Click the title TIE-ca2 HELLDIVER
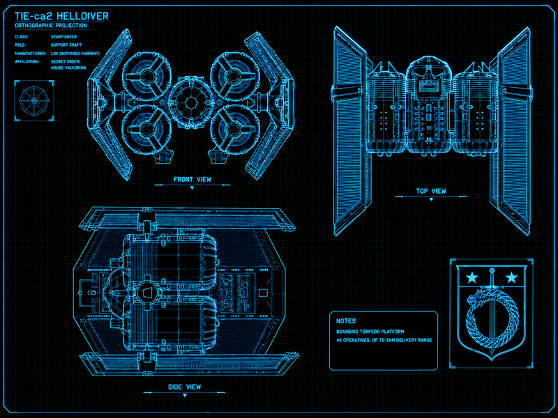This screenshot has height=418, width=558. click(61, 16)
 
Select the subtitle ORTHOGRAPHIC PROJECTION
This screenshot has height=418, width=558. click(50, 26)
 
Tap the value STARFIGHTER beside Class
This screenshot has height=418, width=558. click(63, 37)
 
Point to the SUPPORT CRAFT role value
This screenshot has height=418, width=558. click(66, 45)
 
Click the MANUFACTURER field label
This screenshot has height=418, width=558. click(30, 54)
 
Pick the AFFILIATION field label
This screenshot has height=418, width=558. click(27, 61)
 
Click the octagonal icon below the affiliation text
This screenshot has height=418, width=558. click(33, 100)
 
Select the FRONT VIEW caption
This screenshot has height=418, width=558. click(193, 180)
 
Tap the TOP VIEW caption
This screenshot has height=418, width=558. click(431, 191)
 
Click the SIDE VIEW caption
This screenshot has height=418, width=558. click(184, 387)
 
